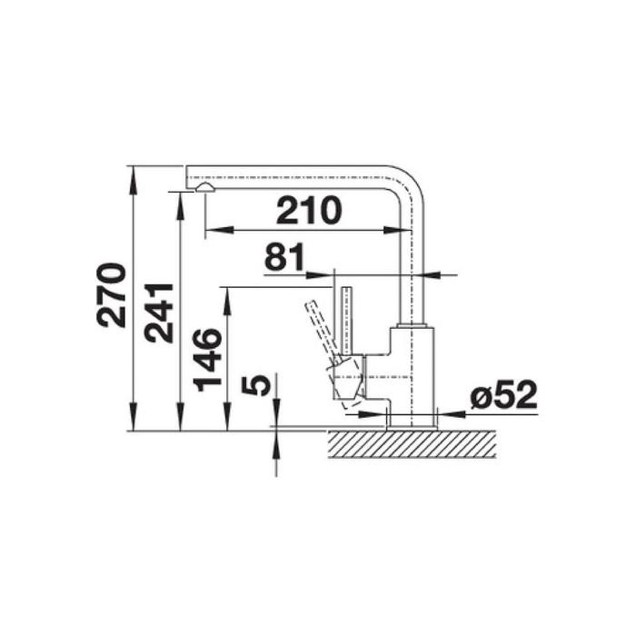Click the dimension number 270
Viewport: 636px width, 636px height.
click(111, 295)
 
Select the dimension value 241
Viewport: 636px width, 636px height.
click(159, 313)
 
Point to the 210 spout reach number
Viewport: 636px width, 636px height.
click(309, 210)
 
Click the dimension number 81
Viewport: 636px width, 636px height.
click(284, 257)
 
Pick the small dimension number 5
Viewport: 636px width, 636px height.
click(255, 385)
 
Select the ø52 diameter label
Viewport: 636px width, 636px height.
click(503, 395)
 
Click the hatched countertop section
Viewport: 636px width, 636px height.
click(412, 443)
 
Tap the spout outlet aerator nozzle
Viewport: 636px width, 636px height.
click(204, 187)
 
